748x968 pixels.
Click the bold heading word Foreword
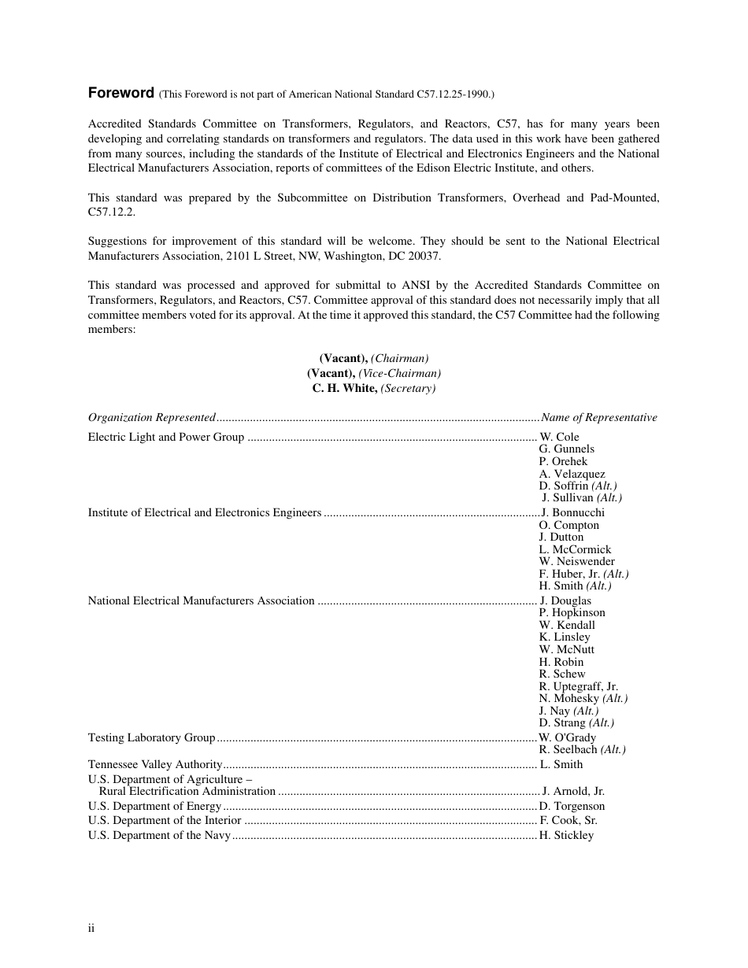point(120,93)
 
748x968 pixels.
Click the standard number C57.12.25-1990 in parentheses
point(453,94)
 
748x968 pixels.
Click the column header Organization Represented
point(152,418)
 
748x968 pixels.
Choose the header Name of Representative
point(599,418)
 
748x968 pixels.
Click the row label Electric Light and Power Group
point(166,437)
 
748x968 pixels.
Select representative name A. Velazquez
point(572,474)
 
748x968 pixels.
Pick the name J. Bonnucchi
point(573,513)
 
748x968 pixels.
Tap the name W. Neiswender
point(577,562)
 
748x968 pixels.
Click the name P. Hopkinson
point(572,613)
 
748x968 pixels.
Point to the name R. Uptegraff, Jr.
point(579,686)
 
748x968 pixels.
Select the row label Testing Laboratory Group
point(152,738)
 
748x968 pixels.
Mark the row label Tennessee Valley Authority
point(156,764)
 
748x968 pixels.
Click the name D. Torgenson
point(572,807)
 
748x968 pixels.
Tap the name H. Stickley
point(567,836)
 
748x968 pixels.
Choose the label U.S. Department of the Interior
point(165,821)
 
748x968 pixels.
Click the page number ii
point(91,929)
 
